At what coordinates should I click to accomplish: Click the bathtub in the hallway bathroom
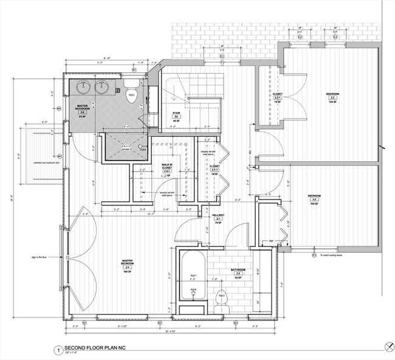pyautogui.click(x=193, y=276)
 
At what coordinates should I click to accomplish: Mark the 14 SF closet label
pyautogui.click(x=214, y=170)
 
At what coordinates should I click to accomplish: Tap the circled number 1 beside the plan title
pyautogui.click(x=57, y=350)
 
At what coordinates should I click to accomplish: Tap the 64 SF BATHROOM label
pyautogui.click(x=238, y=272)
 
